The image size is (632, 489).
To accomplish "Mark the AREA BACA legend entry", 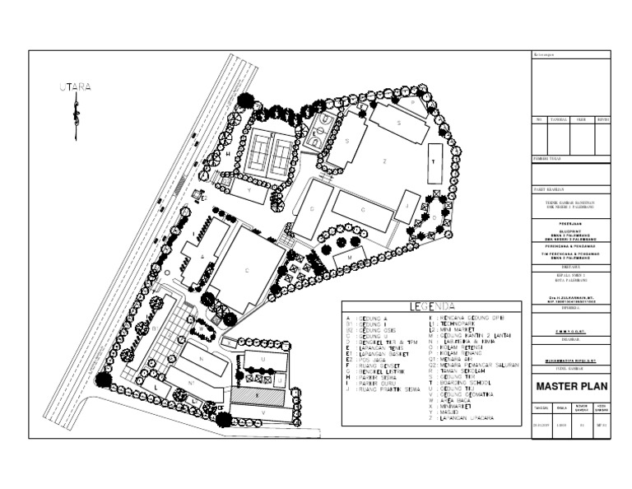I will tap(452, 401).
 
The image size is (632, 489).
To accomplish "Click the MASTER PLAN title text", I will tap(569, 386).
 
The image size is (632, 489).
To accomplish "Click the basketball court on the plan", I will tap(322, 129).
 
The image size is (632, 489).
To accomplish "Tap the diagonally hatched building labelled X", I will tap(257, 396).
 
